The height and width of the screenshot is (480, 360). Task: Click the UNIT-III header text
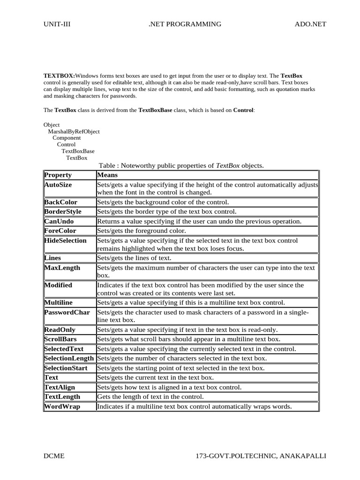pyautogui.click(x=57, y=24)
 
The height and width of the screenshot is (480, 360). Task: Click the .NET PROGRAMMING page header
pyautogui.click(x=185, y=24)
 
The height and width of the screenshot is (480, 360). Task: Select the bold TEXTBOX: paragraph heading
pyautogui.click(x=59, y=75)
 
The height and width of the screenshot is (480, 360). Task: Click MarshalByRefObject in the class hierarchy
pyautogui.click(x=74, y=132)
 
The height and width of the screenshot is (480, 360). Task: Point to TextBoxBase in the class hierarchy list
pyautogui.click(x=78, y=151)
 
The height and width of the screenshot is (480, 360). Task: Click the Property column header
pyautogui.click(x=58, y=175)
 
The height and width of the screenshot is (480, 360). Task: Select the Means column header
pyautogui.click(x=107, y=175)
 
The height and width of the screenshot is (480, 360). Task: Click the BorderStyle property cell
pyautogui.click(x=63, y=212)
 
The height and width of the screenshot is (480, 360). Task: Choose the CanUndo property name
pyautogui.click(x=59, y=221)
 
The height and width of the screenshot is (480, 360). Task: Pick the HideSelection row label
pyautogui.click(x=66, y=240)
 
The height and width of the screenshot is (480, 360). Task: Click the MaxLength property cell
pyautogui.click(x=62, y=268)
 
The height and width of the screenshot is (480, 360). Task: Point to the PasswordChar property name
pyautogui.click(x=67, y=312)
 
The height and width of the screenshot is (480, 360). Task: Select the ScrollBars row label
pyautogui.click(x=61, y=339)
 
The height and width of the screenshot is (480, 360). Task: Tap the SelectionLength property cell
pyautogui.click(x=69, y=358)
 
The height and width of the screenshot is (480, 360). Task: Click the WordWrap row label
pyautogui.click(x=62, y=406)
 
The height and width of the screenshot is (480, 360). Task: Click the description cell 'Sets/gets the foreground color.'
pyautogui.click(x=142, y=231)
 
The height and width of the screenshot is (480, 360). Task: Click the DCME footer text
pyautogui.click(x=54, y=456)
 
